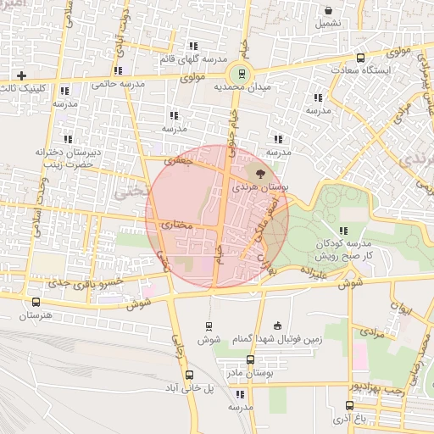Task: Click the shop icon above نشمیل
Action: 328,10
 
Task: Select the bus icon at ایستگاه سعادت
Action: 361,58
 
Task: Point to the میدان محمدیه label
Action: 246,87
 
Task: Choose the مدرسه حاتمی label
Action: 114,84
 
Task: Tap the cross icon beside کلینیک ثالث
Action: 21,75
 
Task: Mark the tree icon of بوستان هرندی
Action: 259,173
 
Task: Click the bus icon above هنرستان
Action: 36,302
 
